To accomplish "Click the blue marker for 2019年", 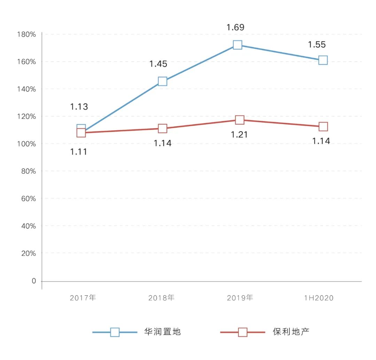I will pyautogui.click(x=237, y=45).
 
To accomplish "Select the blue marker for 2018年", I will pyautogui.click(x=163, y=81).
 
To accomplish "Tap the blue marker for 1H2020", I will pyautogui.click(x=323, y=60).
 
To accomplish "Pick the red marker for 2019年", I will pyautogui.click(x=240, y=120).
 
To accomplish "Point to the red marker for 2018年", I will pyautogui.click(x=163, y=128).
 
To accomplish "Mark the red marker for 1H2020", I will pyautogui.click(x=323, y=126).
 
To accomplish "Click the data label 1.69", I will pyautogui.click(x=235, y=28).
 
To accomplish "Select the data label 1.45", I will pyautogui.click(x=158, y=64).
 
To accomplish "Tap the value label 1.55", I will pyautogui.click(x=317, y=45).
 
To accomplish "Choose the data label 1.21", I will pyautogui.click(x=240, y=134).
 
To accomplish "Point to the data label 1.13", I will pyautogui.click(x=79, y=107).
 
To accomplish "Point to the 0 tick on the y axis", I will pyautogui.click(x=34, y=281).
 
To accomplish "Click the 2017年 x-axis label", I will pyautogui.click(x=83, y=298).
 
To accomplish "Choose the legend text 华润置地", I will pyautogui.click(x=163, y=332).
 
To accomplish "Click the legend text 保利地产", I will pyautogui.click(x=291, y=332).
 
